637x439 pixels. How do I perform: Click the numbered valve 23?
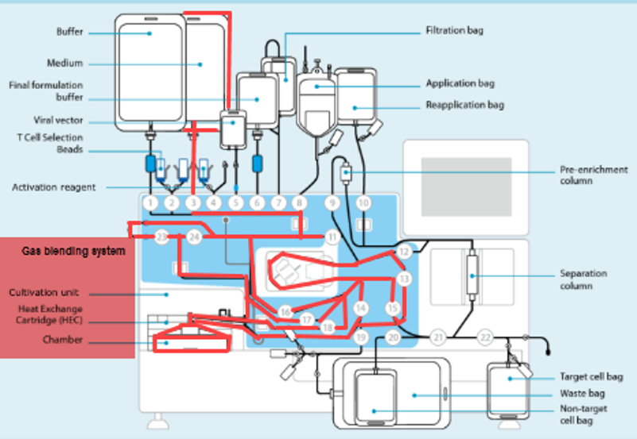click(x=162, y=237)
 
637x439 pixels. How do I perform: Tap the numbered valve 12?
click(x=404, y=252)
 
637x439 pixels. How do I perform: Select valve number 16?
click(x=285, y=310)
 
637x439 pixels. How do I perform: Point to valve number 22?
click(x=485, y=337)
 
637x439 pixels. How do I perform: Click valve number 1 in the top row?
click(x=151, y=202)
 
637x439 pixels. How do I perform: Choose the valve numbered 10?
click(x=363, y=202)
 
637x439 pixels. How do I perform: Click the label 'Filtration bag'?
click(x=454, y=31)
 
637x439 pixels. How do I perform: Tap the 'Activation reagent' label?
click(x=54, y=187)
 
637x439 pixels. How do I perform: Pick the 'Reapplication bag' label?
click(x=464, y=105)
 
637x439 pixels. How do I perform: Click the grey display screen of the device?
click(x=466, y=184)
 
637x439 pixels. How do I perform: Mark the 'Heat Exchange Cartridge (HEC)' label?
click(x=50, y=314)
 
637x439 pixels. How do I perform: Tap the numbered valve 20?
click(x=393, y=337)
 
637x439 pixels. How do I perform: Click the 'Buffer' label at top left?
click(x=69, y=33)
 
